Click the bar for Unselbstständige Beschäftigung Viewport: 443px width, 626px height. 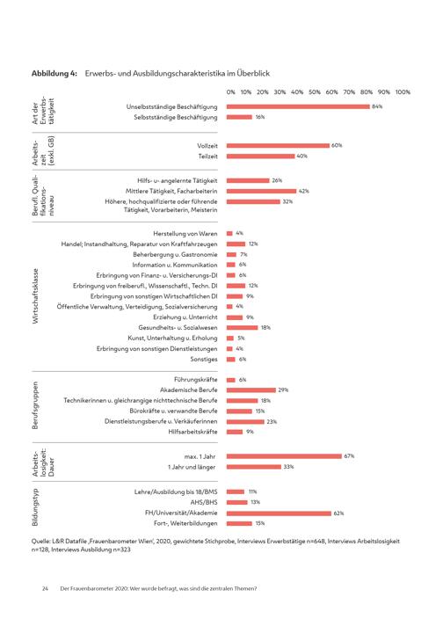pos(298,106)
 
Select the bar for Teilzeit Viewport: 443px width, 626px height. pos(260,156)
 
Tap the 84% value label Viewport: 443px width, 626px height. pos(377,106)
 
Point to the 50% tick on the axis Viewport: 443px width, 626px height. pos(315,92)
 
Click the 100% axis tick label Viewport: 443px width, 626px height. pos(403,92)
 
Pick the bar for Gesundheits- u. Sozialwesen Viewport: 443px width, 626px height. pos(243,328)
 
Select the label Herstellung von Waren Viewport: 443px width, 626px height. pos(185,234)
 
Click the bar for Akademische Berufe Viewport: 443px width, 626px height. pos(251,390)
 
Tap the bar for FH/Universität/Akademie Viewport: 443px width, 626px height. pos(279,513)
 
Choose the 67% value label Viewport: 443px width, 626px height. pos(349,456)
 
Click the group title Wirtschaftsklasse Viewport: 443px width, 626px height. pos(35,295)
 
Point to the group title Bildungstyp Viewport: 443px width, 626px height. pos(35,507)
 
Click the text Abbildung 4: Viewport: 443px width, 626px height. pos(54,74)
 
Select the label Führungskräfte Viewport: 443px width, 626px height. pos(195,379)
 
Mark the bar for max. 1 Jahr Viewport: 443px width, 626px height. pos(284,456)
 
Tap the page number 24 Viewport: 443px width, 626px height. pos(45,588)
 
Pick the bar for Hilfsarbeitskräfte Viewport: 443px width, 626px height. pos(235,432)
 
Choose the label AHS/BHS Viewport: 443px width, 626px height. pos(204,502)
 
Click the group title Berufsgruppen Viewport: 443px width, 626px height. pos(35,405)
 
